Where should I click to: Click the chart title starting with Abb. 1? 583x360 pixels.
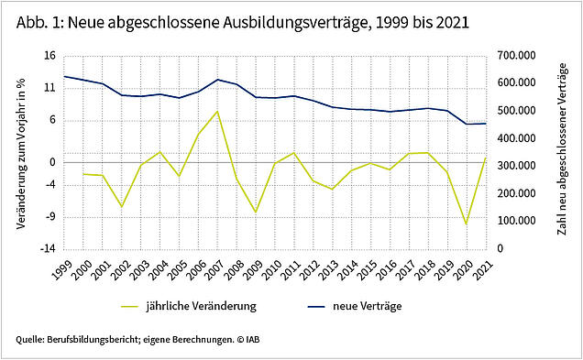242,23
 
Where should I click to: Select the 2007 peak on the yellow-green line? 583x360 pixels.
217,111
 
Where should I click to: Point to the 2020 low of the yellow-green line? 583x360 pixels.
467,224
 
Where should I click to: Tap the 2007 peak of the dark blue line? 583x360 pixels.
217,80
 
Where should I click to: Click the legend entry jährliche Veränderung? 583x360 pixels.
189,306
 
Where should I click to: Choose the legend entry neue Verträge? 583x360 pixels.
355,306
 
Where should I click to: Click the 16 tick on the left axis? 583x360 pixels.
49,56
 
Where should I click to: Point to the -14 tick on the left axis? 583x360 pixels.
48,248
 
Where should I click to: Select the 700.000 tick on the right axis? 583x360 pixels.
517,56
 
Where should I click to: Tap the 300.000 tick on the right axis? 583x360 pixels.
517,166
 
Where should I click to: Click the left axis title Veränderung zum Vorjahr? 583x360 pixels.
21,154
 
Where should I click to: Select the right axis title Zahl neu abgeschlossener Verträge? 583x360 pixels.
563,149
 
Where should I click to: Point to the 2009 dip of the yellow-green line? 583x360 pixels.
256,213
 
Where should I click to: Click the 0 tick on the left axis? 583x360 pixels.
52,163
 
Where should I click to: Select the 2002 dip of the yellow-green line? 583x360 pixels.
121,206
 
